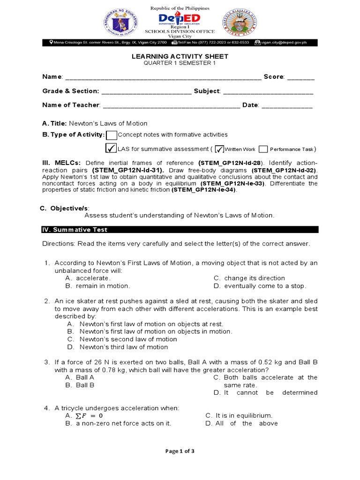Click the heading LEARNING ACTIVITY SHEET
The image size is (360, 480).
pyautogui.click(x=180, y=56)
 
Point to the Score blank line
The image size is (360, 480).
pyautogui.click(x=301, y=77)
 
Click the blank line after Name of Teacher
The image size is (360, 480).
pyautogui.click(x=171, y=105)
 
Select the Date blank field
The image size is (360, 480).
pyautogui.click(x=286, y=105)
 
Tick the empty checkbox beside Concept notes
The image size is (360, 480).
pyautogui.click(x=112, y=135)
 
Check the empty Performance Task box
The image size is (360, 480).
pyautogui.click(x=263, y=149)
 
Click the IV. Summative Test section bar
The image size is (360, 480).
pyautogui.click(x=180, y=230)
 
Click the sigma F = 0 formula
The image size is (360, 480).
pyautogui.click(x=84, y=416)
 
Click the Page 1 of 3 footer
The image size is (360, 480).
pyautogui.click(x=180, y=451)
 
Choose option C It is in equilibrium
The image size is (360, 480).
pyautogui.click(x=239, y=416)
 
